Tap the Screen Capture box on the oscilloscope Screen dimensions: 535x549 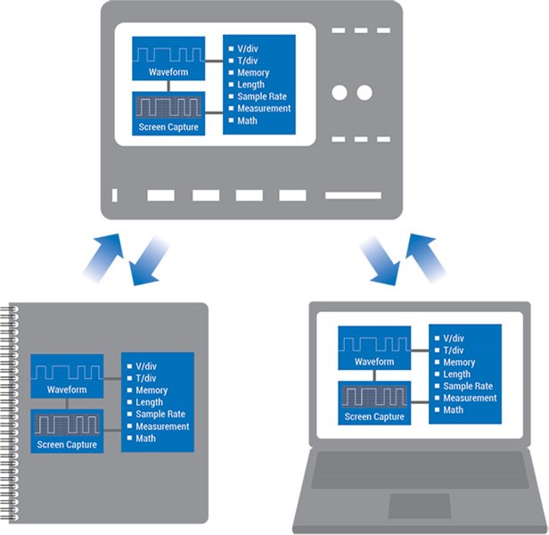[168, 114]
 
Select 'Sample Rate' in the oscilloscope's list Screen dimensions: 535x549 [258, 96]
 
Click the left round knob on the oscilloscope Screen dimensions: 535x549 [340, 92]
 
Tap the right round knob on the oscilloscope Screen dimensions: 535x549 [365, 92]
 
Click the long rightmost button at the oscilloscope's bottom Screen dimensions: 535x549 [353, 195]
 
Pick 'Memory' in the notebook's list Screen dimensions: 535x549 [152, 391]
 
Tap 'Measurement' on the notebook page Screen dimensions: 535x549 [162, 426]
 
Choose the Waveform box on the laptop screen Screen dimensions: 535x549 [374, 350]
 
